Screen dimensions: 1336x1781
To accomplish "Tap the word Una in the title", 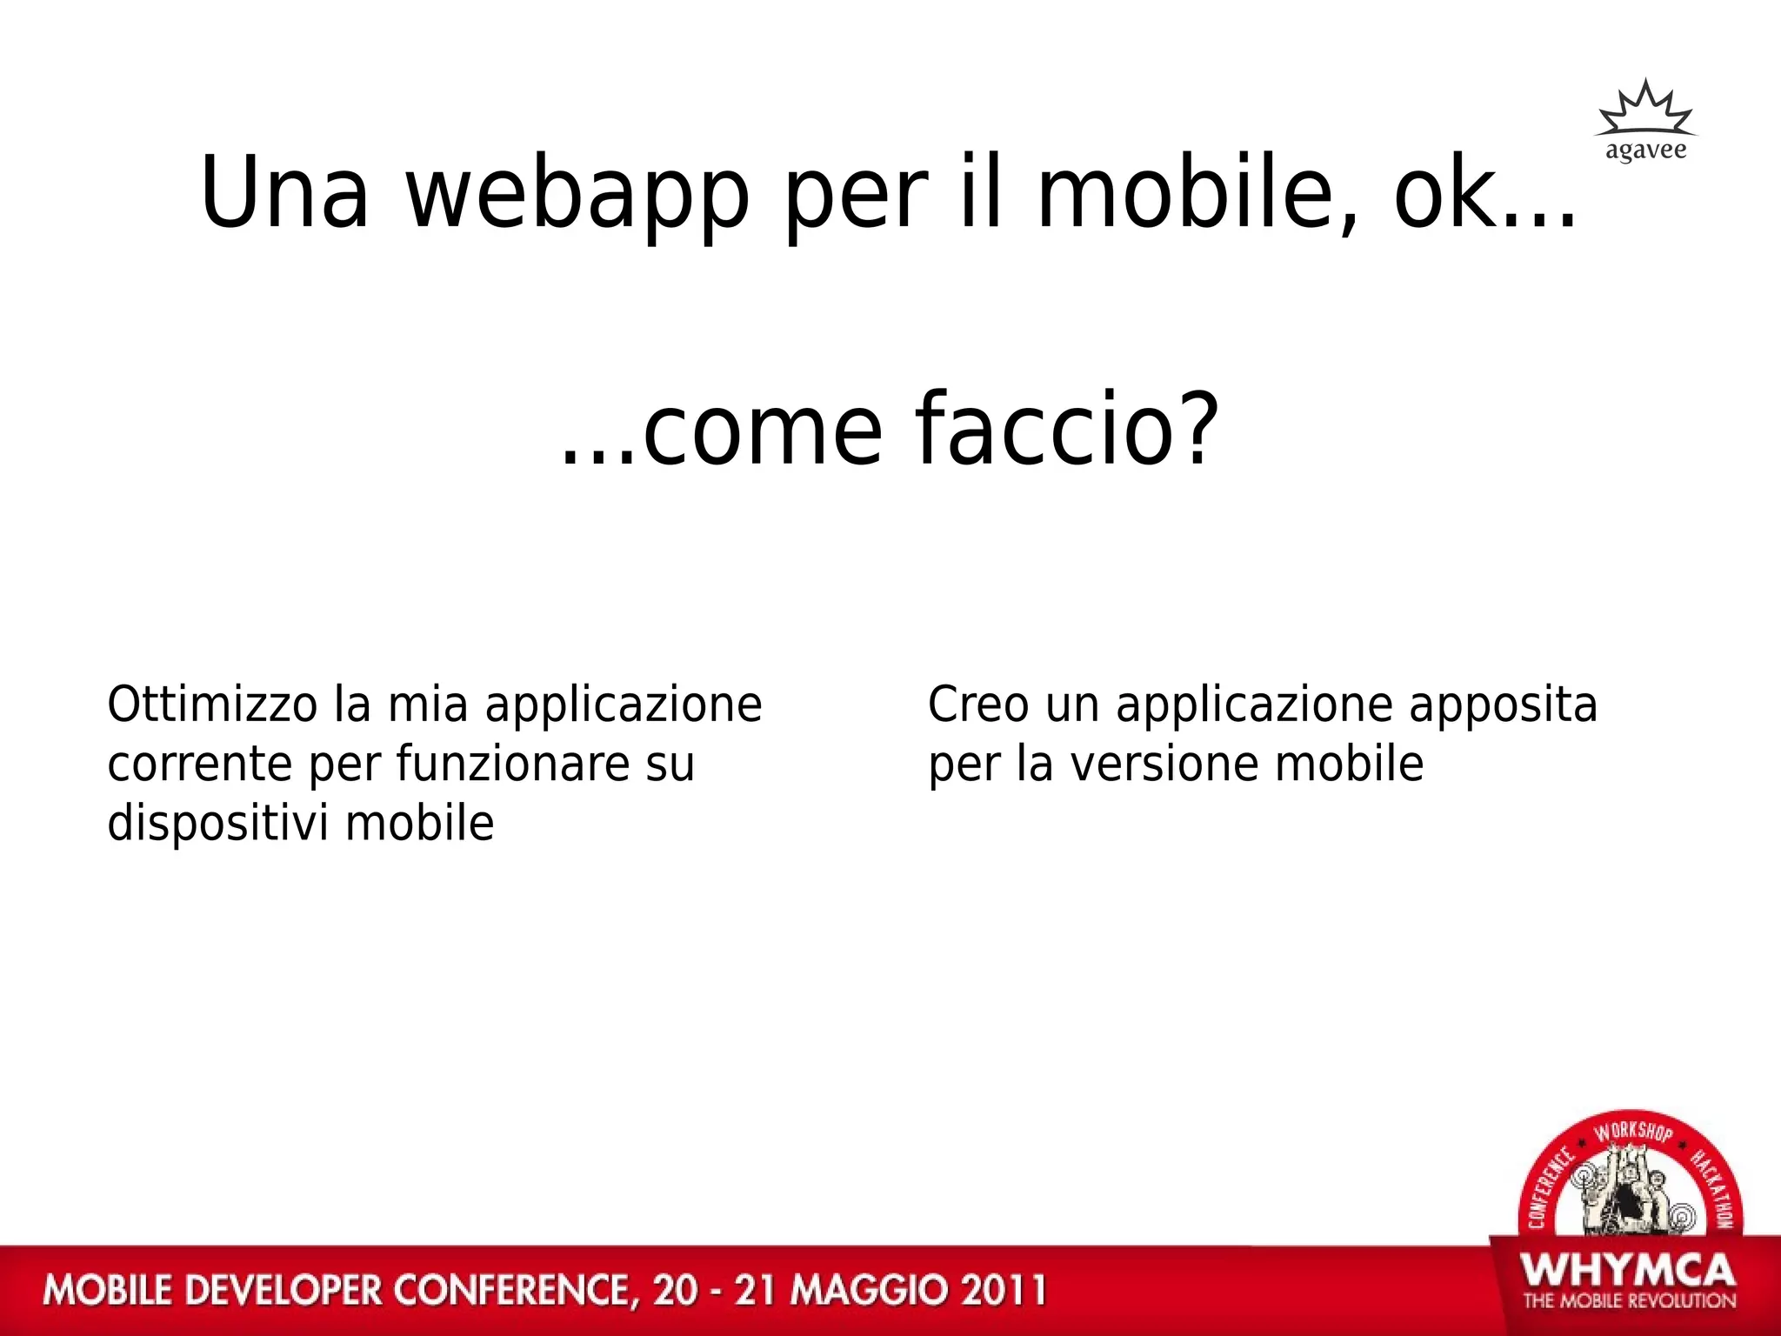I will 284,193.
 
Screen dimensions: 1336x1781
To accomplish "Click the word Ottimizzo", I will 212,705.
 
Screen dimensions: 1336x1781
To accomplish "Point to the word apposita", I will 1503,706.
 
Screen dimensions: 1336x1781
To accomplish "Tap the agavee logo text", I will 1645,150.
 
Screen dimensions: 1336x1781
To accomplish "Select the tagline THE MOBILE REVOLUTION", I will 1629,1301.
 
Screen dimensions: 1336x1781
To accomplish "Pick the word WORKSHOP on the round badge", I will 1633,1132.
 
